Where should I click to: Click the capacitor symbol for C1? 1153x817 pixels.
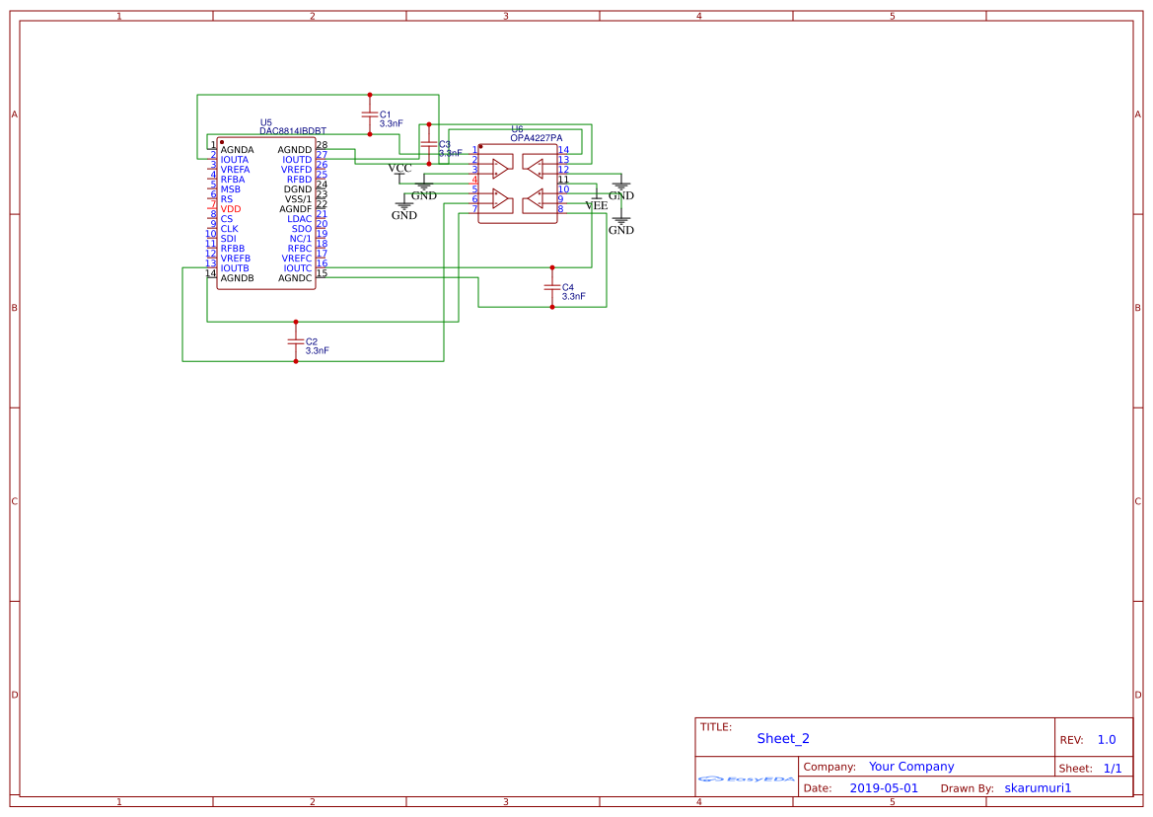coord(370,114)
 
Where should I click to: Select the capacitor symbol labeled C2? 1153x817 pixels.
coord(295,341)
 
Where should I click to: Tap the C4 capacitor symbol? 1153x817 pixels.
coord(551,287)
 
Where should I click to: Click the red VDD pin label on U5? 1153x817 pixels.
coord(230,209)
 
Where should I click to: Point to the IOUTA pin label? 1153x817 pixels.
coord(235,160)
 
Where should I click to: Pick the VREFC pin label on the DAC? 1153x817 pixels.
coord(296,259)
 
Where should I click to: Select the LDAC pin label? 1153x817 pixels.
coord(299,219)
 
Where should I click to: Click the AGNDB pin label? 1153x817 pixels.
coord(237,278)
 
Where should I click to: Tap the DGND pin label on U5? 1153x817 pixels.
coord(298,189)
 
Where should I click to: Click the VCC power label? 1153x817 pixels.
coord(399,168)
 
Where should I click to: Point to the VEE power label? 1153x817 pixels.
coord(596,205)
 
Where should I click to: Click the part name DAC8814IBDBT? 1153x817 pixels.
coord(293,131)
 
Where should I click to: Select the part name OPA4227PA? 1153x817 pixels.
coord(537,138)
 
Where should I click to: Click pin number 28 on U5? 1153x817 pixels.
coord(322,146)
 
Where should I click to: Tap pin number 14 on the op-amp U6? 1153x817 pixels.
coord(563,150)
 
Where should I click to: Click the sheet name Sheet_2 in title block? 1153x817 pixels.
coord(783,738)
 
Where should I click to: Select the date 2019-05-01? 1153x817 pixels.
coord(884,788)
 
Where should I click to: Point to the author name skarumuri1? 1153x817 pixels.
coord(1038,788)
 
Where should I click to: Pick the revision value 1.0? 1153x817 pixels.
coord(1107,739)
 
